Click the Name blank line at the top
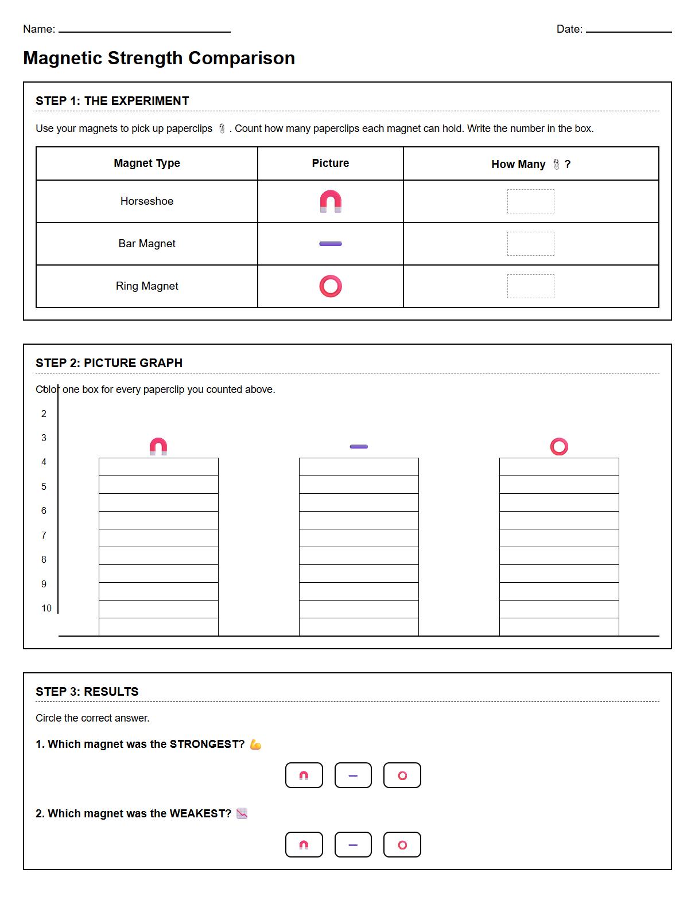(144, 31)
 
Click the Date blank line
(628, 31)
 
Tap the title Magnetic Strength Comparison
(159, 58)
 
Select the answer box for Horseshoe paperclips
(530, 201)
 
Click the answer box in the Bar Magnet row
(530, 244)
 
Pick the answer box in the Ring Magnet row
(530, 286)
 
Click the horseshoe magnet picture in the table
(331, 201)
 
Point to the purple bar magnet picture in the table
(331, 244)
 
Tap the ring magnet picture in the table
(331, 286)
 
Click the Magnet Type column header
(147, 163)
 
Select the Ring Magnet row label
(147, 286)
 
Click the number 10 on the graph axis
(46, 608)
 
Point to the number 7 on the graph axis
(44, 535)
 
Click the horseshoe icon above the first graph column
(158, 447)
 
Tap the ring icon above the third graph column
(559, 447)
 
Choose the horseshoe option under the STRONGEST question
(304, 775)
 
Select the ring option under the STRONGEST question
(402, 775)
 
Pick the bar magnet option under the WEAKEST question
(353, 845)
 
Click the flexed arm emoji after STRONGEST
(256, 745)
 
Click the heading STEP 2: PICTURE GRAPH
(109, 363)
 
